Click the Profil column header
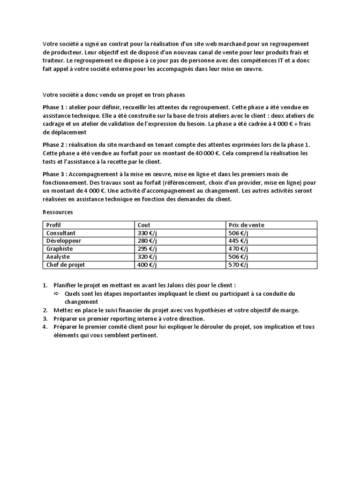tap(53, 225)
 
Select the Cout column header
tap(144, 225)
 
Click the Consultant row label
tap(61, 233)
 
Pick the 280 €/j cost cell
tap(147, 241)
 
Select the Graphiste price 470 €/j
tap(238, 249)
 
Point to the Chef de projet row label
tap(66, 265)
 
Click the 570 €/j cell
tap(238, 265)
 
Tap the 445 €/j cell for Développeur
tap(238, 241)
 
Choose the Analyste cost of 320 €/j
tap(147, 257)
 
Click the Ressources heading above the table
tap(58, 212)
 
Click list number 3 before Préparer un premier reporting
tap(45, 319)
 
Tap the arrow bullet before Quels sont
tap(55, 293)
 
